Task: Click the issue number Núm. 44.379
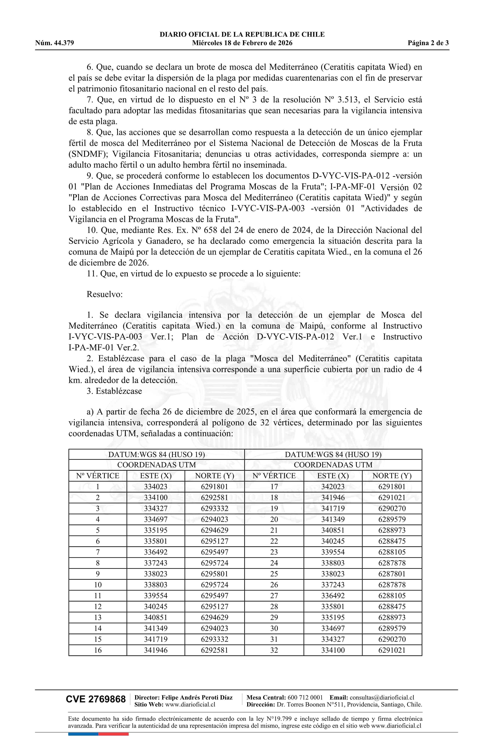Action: (55, 43)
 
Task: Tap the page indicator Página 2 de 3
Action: (428, 43)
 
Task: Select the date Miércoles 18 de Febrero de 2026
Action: (242, 43)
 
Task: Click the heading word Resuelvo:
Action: (105, 294)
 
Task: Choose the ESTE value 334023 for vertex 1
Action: (156, 487)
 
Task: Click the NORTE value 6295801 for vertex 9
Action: (214, 574)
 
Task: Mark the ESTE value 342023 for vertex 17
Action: (333, 487)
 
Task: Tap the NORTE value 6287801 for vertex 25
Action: (392, 574)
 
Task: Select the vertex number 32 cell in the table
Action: (274, 650)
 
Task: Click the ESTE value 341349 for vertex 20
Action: (333, 519)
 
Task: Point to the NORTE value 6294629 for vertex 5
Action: (214, 530)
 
